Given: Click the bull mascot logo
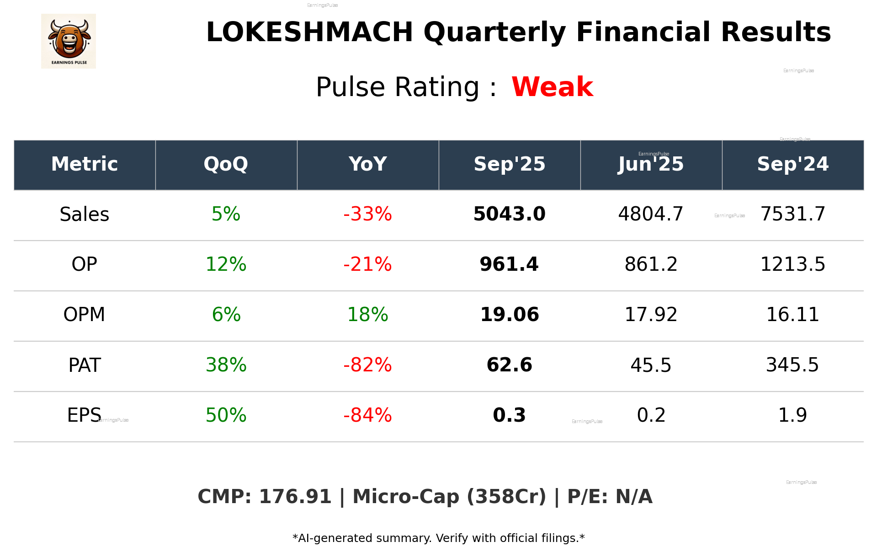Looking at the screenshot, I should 69,41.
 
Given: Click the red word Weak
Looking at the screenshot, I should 552,87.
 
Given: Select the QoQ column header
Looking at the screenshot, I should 226,164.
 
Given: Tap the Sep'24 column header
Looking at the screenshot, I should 792,164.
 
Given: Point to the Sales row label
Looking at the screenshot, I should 85,215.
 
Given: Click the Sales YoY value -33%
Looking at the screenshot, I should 367,215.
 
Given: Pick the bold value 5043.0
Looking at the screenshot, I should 509,215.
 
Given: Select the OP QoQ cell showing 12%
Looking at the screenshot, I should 226,265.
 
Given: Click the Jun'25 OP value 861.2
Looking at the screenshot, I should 651,265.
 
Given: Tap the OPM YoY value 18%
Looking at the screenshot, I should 367,315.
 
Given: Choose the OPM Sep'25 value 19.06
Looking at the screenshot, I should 509,315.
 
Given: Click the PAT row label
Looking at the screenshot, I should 85,365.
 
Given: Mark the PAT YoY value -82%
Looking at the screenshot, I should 367,365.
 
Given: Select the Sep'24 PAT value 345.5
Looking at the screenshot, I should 792,365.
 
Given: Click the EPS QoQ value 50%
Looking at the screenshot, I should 226,416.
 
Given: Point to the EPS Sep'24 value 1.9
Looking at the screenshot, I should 792,416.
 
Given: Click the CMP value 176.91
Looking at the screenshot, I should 295,497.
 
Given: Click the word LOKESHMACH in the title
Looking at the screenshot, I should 309,32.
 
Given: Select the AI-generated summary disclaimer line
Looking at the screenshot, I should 438,538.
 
